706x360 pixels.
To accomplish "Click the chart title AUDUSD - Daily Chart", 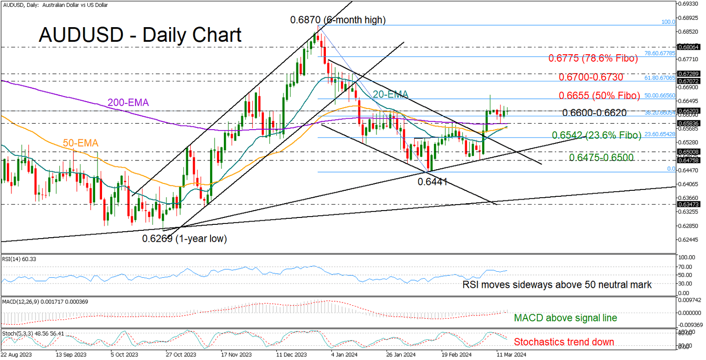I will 140,35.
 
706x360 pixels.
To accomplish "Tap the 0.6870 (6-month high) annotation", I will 337,20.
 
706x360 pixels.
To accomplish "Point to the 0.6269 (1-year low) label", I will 184,239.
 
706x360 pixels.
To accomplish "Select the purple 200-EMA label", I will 129,103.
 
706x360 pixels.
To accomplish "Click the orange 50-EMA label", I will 81,143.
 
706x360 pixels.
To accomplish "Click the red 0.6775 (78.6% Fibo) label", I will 593,59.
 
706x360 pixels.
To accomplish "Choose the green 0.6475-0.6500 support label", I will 601,157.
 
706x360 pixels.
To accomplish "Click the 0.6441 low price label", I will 432,182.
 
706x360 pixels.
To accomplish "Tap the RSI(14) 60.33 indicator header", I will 19,259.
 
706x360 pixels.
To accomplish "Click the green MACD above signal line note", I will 565,317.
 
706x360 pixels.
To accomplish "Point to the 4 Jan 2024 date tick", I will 341,355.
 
